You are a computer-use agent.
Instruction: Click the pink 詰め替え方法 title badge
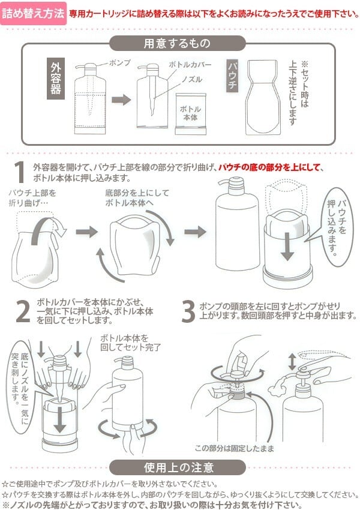(x=33, y=13)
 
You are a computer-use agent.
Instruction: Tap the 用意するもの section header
(x=177, y=43)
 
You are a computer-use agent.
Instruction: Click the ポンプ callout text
(x=121, y=62)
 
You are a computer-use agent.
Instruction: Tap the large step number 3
(x=188, y=311)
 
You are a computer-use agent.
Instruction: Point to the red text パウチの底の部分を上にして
(x=271, y=167)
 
